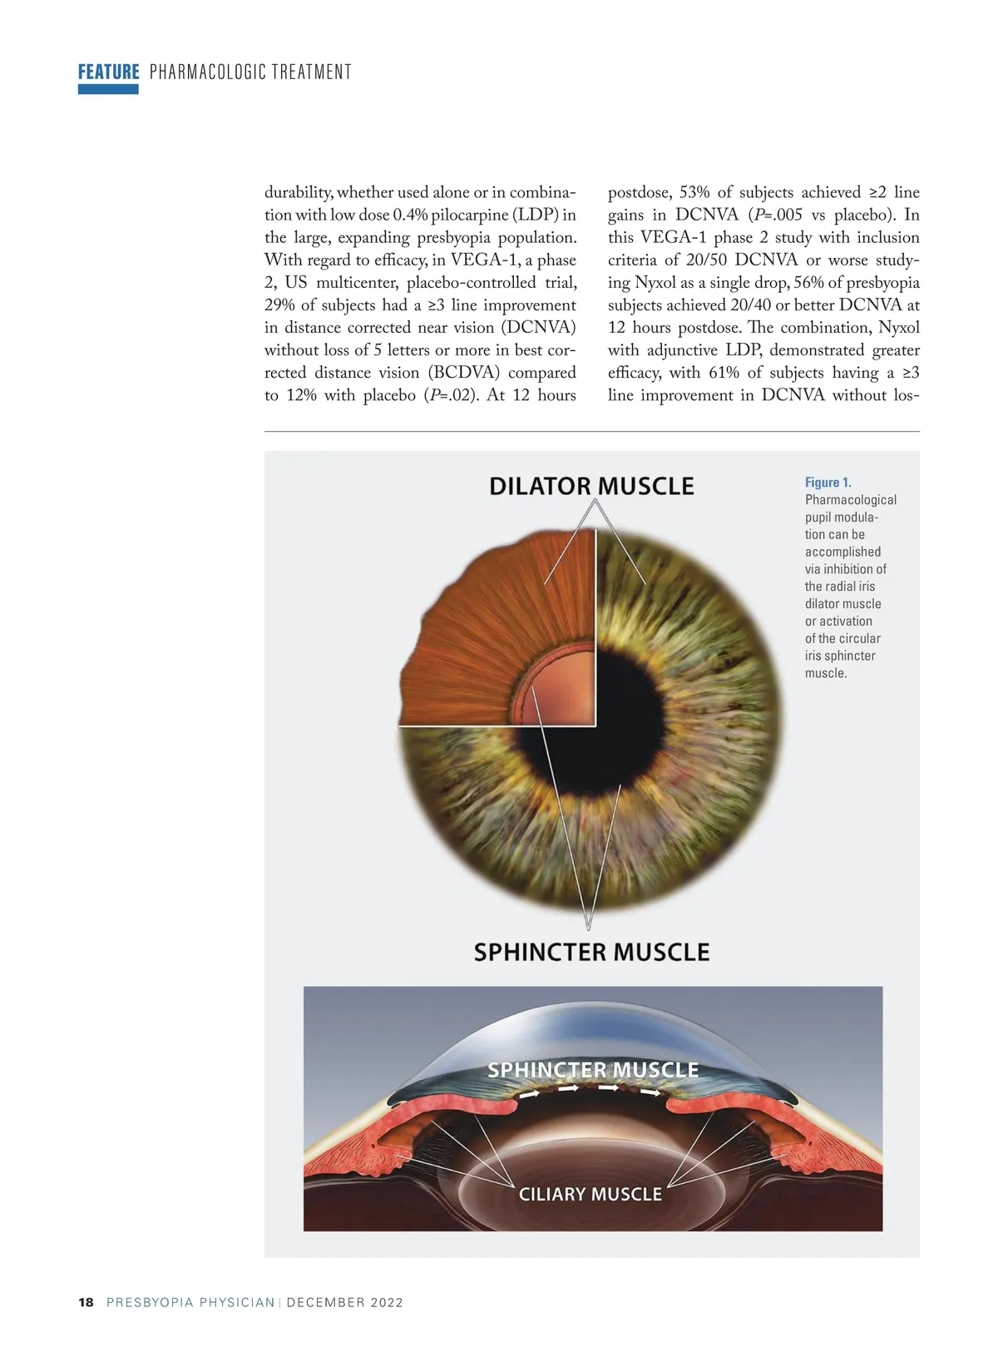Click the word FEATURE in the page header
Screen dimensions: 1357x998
pos(108,72)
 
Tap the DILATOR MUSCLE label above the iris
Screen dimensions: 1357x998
pos(591,486)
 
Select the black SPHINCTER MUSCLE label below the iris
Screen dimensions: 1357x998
pos(591,952)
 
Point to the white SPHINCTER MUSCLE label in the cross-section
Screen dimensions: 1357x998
pos(592,1069)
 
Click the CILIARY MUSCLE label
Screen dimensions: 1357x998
pos(590,1194)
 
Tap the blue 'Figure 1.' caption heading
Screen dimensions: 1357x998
pos(828,483)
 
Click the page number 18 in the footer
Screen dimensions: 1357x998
pos(86,1302)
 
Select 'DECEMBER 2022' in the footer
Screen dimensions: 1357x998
pos(344,1302)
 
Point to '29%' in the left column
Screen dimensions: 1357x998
pos(279,305)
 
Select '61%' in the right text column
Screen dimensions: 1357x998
pos(724,373)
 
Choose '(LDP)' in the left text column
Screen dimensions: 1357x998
pos(536,215)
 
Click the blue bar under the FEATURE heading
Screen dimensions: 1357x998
pos(108,89)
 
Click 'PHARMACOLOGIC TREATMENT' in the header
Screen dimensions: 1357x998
pos(250,72)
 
